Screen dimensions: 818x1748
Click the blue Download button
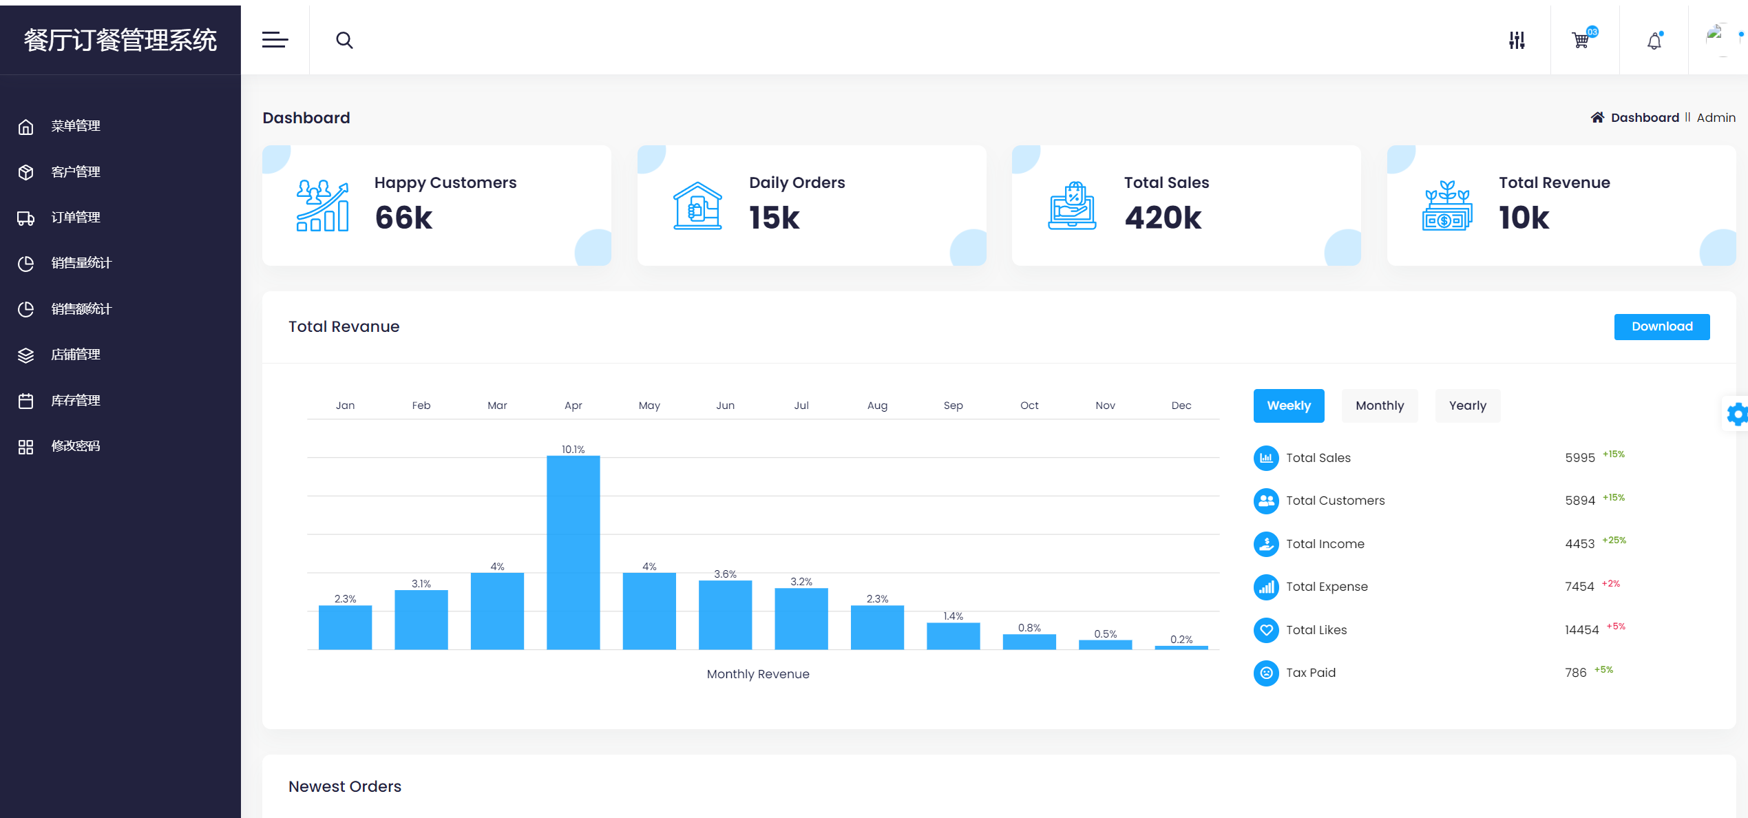(1661, 326)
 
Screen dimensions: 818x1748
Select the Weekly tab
(1288, 406)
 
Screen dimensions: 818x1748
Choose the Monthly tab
(1379, 406)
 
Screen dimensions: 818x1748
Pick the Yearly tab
(1467, 406)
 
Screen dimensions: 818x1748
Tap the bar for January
(345, 627)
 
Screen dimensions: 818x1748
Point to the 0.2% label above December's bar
(1181, 639)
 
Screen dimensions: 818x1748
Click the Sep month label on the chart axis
(953, 406)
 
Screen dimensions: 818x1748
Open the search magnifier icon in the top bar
(344, 41)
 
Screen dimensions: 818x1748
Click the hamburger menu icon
(275, 41)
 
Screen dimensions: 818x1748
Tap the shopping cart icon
(1581, 41)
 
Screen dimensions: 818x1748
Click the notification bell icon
(1654, 41)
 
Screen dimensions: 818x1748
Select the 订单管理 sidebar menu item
(76, 218)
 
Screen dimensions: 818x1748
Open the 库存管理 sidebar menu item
(76, 401)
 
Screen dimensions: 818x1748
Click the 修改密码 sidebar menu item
(76, 446)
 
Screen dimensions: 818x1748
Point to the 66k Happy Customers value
(403, 218)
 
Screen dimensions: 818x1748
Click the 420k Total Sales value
(1163, 218)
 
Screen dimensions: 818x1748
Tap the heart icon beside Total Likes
(1265, 630)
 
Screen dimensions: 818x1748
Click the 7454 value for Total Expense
(1579, 587)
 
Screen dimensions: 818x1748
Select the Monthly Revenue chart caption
(757, 674)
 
